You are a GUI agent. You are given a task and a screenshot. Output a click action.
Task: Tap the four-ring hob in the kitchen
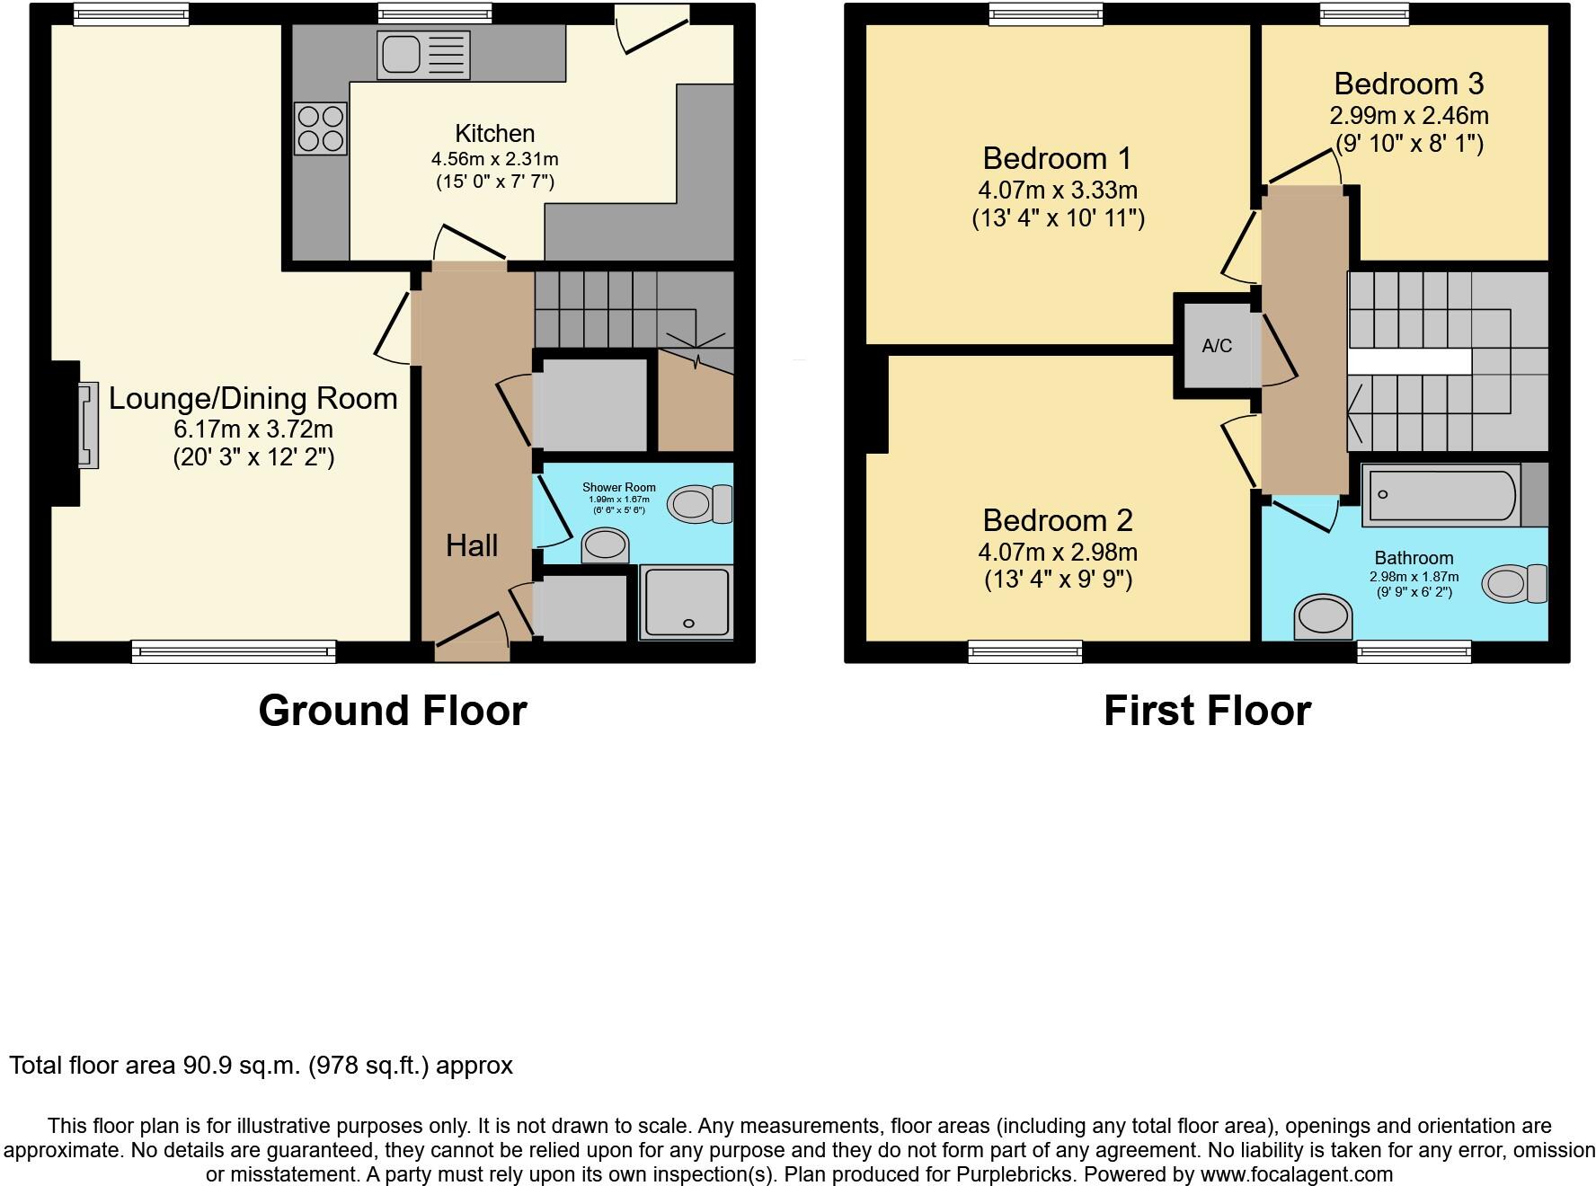tap(321, 128)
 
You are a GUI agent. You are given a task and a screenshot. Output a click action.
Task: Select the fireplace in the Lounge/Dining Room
tap(87, 425)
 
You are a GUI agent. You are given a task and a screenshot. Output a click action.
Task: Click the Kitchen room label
tap(494, 134)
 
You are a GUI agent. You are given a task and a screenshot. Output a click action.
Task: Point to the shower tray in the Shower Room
tap(687, 602)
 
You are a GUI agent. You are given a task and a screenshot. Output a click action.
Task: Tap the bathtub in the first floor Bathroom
tap(1441, 495)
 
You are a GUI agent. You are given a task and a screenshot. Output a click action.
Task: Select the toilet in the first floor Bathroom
tap(1515, 584)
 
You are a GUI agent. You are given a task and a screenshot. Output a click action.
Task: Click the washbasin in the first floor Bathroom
tap(1323, 618)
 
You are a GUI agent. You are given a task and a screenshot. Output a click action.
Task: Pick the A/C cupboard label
tap(1217, 346)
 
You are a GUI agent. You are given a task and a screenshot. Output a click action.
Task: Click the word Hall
tap(472, 545)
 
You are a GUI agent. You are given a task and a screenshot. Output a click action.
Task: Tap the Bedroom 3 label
tap(1408, 84)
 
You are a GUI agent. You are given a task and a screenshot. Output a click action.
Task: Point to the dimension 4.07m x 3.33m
tap(1058, 190)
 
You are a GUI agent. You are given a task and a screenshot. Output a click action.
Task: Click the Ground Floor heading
tap(392, 711)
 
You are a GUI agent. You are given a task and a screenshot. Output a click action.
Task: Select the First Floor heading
tap(1207, 711)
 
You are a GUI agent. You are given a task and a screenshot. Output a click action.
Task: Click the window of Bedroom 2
tap(1025, 651)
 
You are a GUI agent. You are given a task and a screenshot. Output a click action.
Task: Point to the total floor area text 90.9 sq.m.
tap(243, 1066)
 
